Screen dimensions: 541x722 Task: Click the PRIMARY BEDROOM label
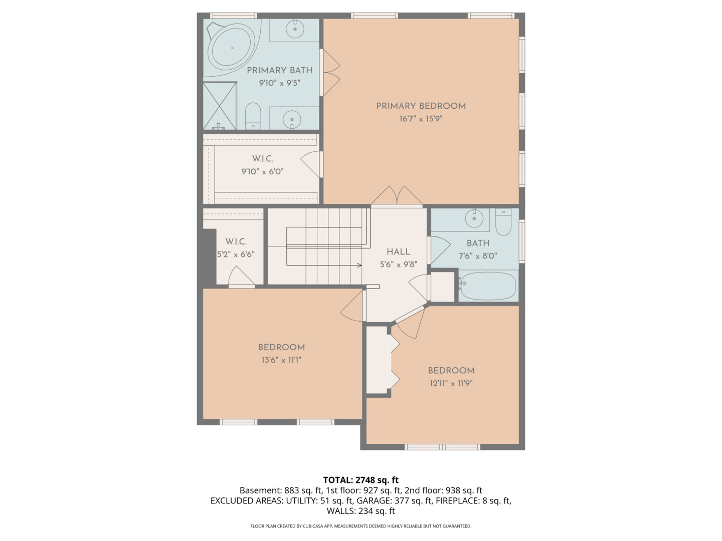click(421, 106)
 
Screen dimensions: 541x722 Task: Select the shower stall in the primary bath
click(220, 106)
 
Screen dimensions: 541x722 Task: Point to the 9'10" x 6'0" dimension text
click(262, 171)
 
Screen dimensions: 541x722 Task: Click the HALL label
click(398, 251)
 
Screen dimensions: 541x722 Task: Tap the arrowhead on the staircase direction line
click(359, 265)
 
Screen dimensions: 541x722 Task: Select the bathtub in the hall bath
click(488, 286)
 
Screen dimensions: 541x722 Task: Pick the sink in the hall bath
click(474, 218)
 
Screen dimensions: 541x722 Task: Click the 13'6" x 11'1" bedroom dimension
click(281, 360)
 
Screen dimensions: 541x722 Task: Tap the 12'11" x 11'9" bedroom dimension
click(451, 383)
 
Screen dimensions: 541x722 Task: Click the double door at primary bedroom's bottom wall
click(397, 197)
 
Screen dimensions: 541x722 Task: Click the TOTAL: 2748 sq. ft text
click(360, 480)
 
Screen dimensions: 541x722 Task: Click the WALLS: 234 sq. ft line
click(360, 511)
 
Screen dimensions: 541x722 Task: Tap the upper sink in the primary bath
click(295, 29)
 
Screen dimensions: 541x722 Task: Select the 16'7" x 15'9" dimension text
click(421, 119)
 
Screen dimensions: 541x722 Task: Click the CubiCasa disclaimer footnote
click(360, 526)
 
